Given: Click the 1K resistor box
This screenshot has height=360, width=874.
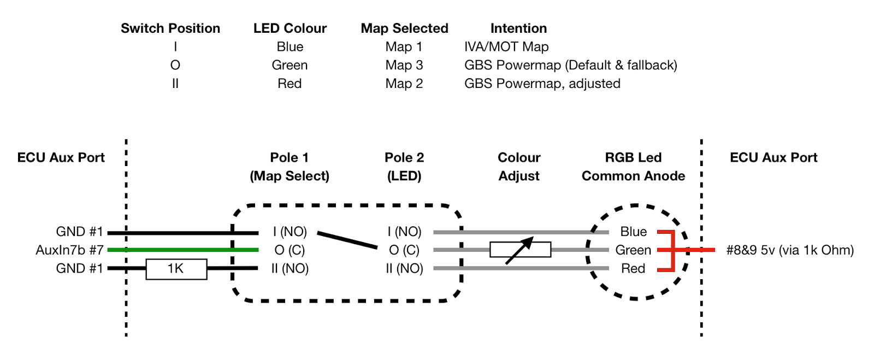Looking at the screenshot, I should point(176,269).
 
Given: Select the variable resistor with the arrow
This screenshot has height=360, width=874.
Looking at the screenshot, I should point(520,250).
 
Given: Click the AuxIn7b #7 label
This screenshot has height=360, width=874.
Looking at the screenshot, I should point(69,250).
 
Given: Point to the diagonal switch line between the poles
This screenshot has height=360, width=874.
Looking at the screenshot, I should point(347,240).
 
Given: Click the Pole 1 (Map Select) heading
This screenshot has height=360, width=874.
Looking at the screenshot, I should point(290,167).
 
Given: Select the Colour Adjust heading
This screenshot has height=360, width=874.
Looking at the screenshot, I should point(519,167).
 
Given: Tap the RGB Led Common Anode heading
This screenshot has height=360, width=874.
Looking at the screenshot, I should point(633,167).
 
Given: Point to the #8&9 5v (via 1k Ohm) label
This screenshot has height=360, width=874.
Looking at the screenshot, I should point(790,250).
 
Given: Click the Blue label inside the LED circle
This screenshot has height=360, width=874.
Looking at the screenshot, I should point(633,232).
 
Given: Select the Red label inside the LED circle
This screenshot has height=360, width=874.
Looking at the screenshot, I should point(633,269).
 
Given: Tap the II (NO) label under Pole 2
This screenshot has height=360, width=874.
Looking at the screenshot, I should point(404,269).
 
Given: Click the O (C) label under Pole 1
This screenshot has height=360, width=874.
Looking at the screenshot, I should point(290,250).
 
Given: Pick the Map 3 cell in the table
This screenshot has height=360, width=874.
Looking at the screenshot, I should point(404,65).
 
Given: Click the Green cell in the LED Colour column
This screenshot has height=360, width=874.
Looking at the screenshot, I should point(290,65).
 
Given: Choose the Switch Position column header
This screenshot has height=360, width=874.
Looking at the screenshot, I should point(170,28).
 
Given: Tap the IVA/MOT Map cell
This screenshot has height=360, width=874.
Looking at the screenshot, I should point(506,47).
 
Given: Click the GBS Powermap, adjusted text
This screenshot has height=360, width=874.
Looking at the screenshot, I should point(542,84).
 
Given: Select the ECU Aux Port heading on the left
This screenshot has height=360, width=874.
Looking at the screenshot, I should point(61,158).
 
